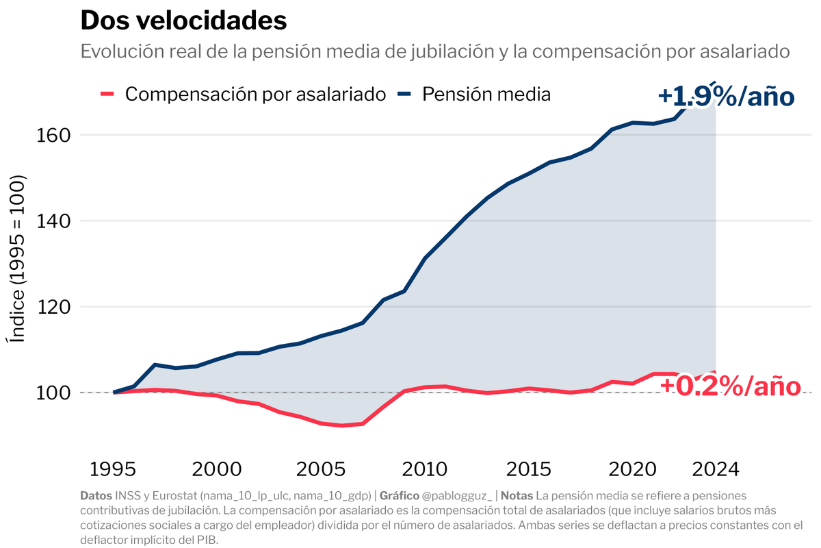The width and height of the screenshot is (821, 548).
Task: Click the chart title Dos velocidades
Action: click(183, 21)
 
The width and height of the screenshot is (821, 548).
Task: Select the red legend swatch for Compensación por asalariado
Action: click(107, 94)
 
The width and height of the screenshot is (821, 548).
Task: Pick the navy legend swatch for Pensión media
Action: click(404, 94)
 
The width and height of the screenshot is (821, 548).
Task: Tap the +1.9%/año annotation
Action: click(726, 97)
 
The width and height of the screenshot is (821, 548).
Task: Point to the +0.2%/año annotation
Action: click(730, 386)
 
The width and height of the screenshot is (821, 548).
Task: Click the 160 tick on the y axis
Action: click(53, 135)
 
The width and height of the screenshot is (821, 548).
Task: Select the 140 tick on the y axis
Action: click(53, 221)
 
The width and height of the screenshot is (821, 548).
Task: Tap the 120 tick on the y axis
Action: click(53, 307)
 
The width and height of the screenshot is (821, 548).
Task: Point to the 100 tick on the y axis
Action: click(53, 393)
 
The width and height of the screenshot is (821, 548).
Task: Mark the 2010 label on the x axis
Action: click(426, 470)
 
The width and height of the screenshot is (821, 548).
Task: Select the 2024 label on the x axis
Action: click(716, 470)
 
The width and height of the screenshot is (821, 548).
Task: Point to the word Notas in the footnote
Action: click(517, 495)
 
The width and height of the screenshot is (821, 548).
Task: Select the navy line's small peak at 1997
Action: click(155, 365)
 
